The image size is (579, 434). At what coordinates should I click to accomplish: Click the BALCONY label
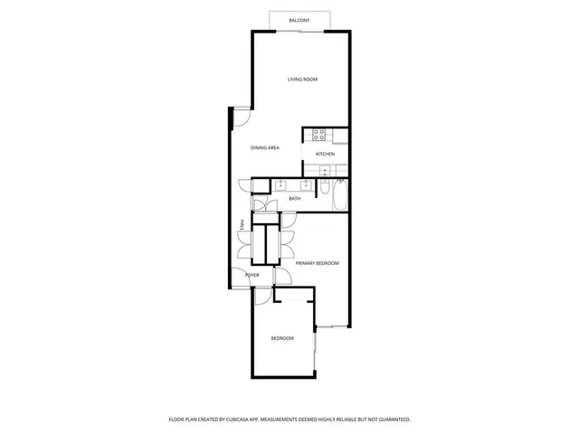click(x=299, y=20)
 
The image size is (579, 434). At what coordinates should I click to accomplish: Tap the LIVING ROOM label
click(x=302, y=80)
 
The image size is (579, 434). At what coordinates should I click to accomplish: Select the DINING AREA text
click(x=265, y=147)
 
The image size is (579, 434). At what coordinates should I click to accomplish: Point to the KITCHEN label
click(x=325, y=154)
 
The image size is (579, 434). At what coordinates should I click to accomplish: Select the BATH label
click(x=295, y=198)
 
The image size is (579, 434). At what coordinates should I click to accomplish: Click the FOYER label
click(x=252, y=275)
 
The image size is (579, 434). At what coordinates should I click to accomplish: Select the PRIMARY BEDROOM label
click(x=317, y=263)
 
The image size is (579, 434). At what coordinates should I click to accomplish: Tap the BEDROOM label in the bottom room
click(x=282, y=338)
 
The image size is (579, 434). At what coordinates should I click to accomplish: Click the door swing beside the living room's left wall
click(x=242, y=116)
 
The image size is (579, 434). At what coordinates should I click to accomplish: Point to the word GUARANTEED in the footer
click(x=391, y=420)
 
